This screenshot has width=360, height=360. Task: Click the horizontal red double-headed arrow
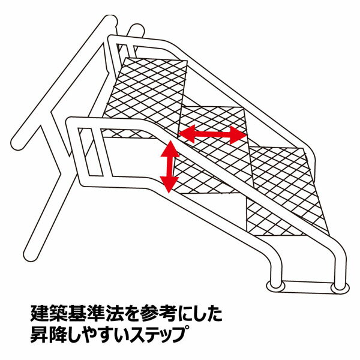pyautogui.click(x=213, y=135)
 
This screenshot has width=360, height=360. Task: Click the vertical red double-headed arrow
pyautogui.click(x=170, y=166)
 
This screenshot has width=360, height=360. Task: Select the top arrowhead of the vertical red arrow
pyautogui.click(x=170, y=146)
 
